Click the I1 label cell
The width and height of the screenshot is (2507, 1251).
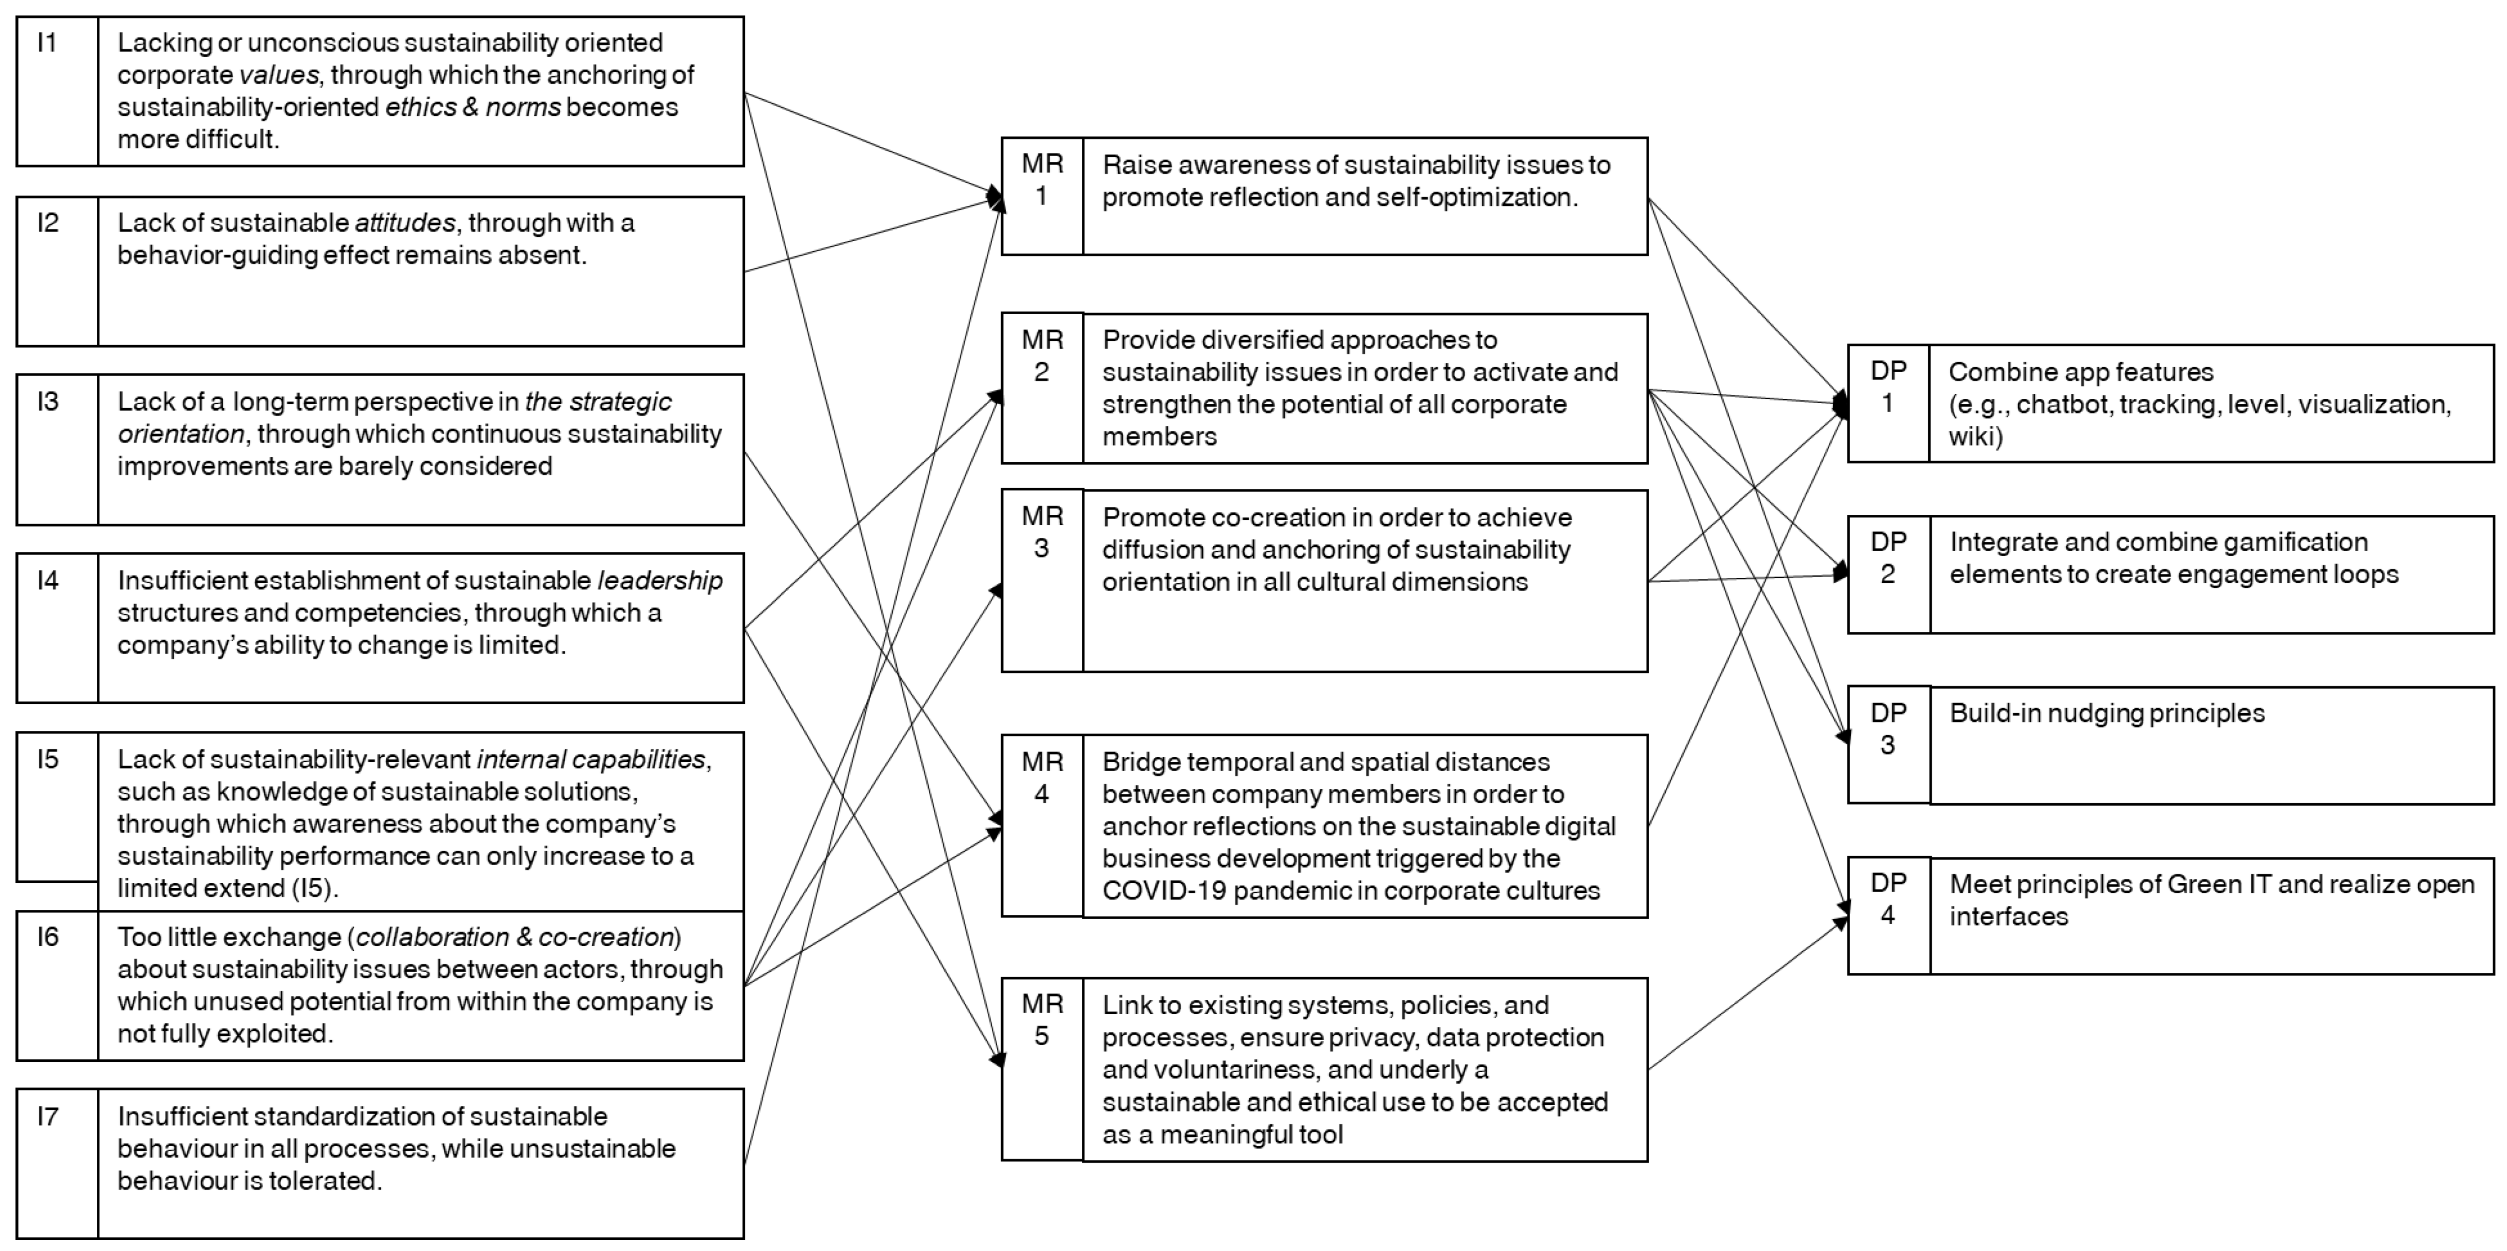pyautogui.click(x=57, y=91)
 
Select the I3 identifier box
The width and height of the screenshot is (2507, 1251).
pyautogui.click(x=57, y=449)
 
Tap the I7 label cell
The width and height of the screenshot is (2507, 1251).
pyautogui.click(x=57, y=1162)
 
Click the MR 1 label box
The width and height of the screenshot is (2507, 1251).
pyautogui.click(x=1041, y=196)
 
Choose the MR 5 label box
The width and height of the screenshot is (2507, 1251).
pyautogui.click(x=1041, y=1068)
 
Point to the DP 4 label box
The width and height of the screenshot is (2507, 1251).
pyautogui.click(x=1888, y=915)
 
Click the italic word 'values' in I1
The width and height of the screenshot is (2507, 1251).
pyautogui.click(x=278, y=75)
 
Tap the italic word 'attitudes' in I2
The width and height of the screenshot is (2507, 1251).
pyautogui.click(x=404, y=223)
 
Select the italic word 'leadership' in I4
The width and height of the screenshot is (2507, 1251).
pyautogui.click(x=660, y=580)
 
